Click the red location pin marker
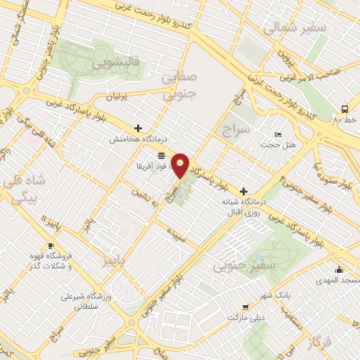click(x=181, y=165)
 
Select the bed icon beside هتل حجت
click(x=278, y=134)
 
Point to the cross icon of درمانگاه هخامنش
click(x=138, y=129)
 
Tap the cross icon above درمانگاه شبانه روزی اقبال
click(x=243, y=191)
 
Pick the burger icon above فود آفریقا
click(x=162, y=154)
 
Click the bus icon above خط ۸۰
click(x=345, y=109)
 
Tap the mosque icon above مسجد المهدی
click(x=339, y=269)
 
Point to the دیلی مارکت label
click(x=245, y=317)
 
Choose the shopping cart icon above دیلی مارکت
click(x=245, y=307)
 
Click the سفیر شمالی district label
click(x=295, y=28)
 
